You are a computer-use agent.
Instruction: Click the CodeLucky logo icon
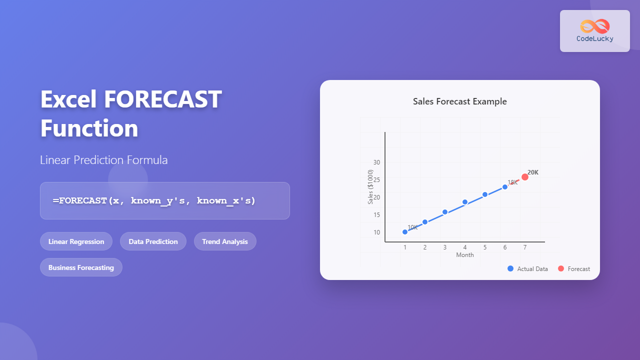(x=594, y=26)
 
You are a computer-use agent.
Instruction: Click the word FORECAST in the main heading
(x=162, y=99)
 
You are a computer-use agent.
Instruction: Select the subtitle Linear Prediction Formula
(x=104, y=160)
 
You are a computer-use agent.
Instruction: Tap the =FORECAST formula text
(x=154, y=200)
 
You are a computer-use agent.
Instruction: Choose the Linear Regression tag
(x=76, y=241)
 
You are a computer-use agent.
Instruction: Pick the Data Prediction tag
(x=153, y=241)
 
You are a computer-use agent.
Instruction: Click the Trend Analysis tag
(x=225, y=241)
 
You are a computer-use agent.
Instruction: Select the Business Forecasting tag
(x=81, y=267)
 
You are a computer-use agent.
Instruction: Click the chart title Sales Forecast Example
(x=459, y=101)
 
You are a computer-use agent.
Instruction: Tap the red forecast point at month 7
(x=525, y=177)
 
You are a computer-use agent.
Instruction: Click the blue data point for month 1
(x=405, y=232)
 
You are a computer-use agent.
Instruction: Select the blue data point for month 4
(x=465, y=202)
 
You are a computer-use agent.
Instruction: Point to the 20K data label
(x=533, y=172)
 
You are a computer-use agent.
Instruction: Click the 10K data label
(x=412, y=227)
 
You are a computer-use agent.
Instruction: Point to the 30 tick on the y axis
(x=376, y=162)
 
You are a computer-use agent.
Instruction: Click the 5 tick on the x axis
(x=485, y=247)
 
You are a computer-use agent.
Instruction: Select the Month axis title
(x=465, y=255)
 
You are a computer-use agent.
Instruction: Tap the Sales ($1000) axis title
(x=370, y=186)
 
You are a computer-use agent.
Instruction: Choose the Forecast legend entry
(x=574, y=269)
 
